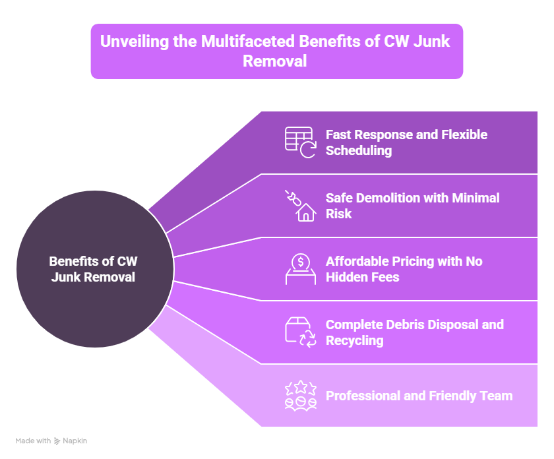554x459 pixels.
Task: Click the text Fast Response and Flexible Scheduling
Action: click(x=406, y=142)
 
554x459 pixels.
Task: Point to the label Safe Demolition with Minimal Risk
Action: click(x=412, y=206)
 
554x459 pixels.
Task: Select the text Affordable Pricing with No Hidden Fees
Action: click(x=404, y=269)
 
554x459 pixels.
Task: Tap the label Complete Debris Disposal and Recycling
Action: click(x=414, y=332)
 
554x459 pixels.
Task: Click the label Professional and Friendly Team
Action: click(x=419, y=396)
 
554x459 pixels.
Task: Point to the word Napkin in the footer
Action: click(x=75, y=441)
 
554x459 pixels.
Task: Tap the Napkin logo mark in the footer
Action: click(x=57, y=441)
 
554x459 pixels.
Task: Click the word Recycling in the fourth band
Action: click(x=354, y=341)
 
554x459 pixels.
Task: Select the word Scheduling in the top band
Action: click(x=359, y=151)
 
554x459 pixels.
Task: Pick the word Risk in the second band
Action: click(x=339, y=214)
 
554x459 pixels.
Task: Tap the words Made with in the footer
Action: click(x=33, y=441)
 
